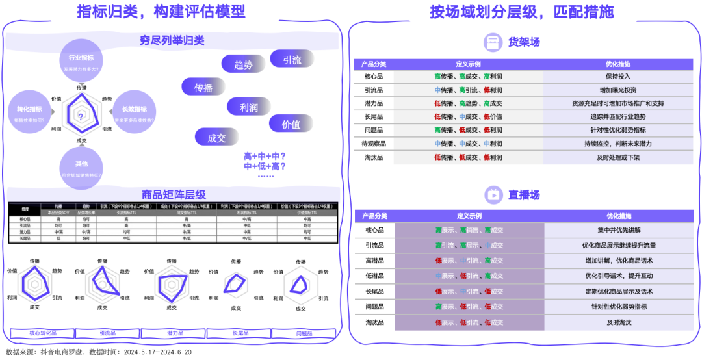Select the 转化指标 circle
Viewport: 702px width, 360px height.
coord(29,114)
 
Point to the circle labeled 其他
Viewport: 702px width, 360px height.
coord(81,168)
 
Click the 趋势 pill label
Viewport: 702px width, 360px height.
coord(243,64)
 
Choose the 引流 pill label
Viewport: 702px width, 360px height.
coord(292,60)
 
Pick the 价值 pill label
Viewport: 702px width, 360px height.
coord(291,124)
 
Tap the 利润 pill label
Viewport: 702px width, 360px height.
coord(249,107)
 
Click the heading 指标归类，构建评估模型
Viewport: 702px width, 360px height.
coord(161,11)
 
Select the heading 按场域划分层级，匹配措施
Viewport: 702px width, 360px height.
coord(522,11)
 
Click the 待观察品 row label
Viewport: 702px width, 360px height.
coord(374,144)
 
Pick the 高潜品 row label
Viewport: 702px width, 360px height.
coord(375,261)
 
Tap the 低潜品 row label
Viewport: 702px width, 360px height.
coord(375,276)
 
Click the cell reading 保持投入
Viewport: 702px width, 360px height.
coord(618,76)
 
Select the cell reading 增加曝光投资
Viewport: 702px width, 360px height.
coord(618,90)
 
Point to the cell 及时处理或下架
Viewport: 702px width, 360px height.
coord(618,157)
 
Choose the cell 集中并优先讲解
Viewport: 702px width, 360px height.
coord(618,230)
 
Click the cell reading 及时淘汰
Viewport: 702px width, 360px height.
coord(618,322)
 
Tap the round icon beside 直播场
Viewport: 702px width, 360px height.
coord(493,194)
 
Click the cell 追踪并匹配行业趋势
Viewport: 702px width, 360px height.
coord(618,116)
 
